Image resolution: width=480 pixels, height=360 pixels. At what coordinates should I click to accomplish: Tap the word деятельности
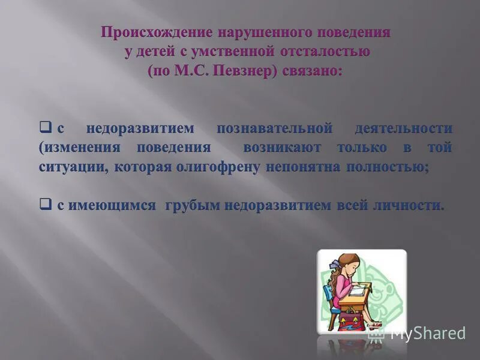click(x=403, y=128)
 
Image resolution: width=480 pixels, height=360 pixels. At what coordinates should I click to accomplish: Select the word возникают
click(x=282, y=148)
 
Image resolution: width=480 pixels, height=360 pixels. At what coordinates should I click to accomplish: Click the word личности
click(x=416, y=205)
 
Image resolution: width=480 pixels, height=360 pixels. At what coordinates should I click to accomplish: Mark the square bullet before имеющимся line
click(x=44, y=204)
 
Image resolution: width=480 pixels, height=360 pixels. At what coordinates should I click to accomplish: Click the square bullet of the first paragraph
click(x=44, y=127)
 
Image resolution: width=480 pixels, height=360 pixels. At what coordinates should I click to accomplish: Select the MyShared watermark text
click(x=427, y=334)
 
